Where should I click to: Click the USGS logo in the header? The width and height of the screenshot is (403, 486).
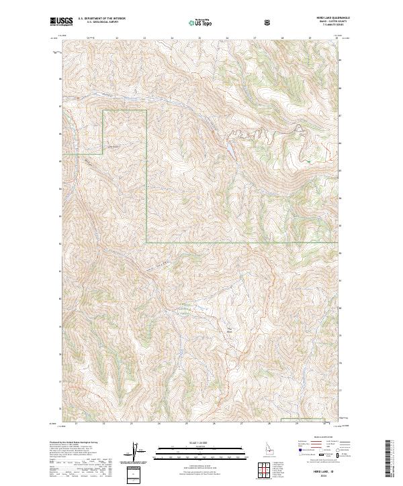tap(61, 21)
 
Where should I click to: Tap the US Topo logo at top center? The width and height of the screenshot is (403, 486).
tap(201, 21)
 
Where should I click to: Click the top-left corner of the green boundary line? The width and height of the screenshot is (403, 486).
tap(103, 111)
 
